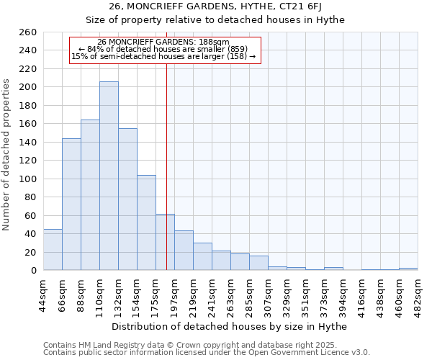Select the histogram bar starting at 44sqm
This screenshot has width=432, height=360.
(53, 250)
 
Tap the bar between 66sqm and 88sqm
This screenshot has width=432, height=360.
(71, 204)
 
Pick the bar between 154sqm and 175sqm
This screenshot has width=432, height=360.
(146, 222)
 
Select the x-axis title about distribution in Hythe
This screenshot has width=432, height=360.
(230, 326)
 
